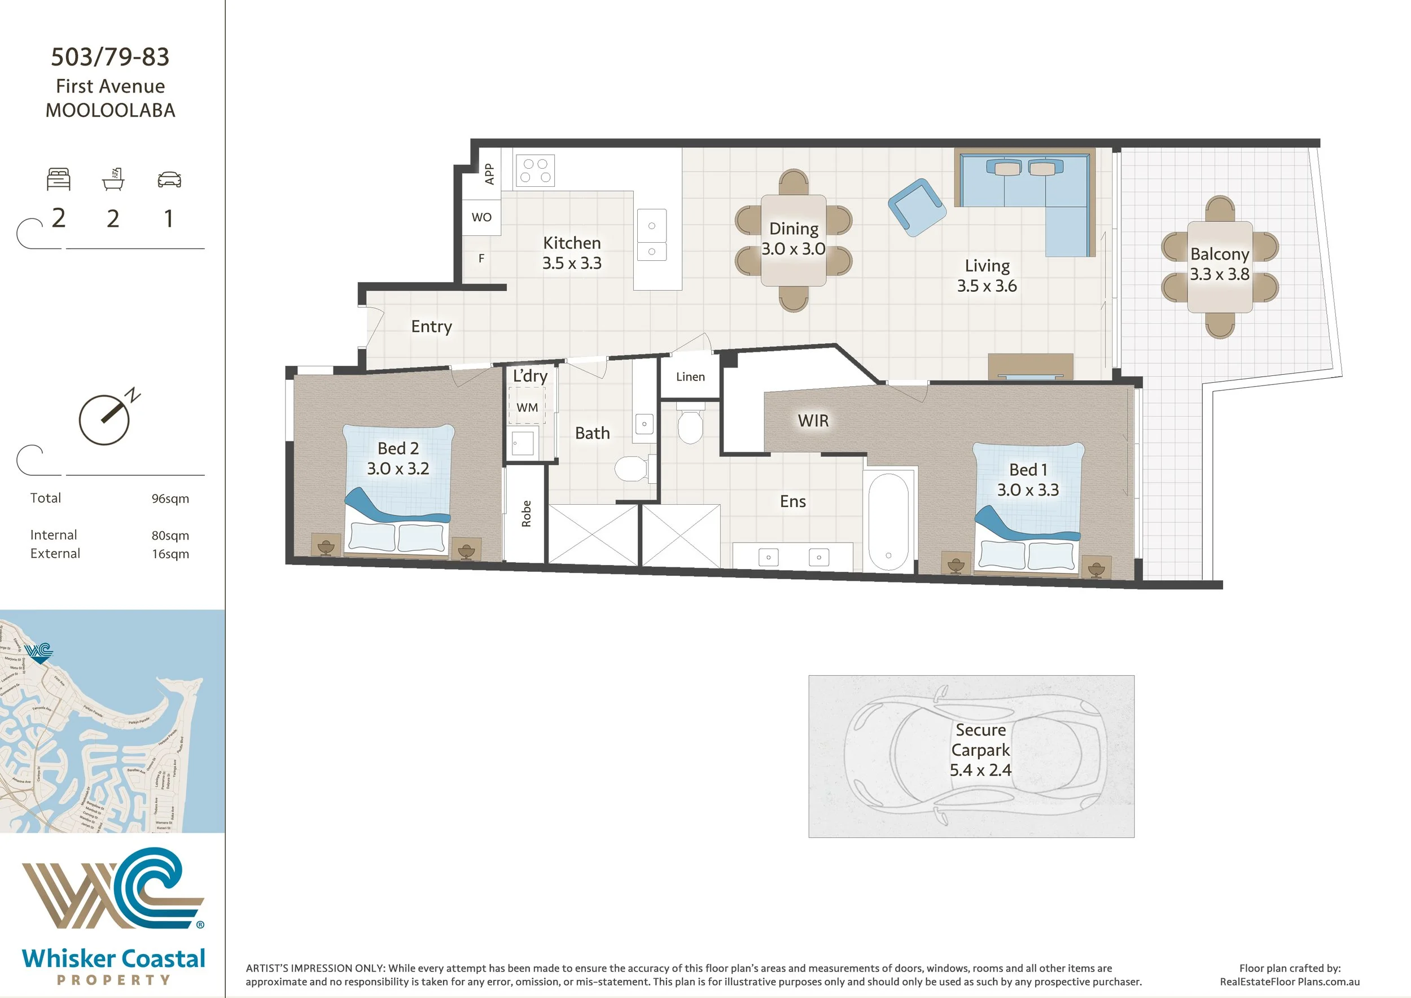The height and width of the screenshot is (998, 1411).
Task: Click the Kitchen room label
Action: coord(572,243)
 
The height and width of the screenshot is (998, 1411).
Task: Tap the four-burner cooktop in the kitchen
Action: coord(534,170)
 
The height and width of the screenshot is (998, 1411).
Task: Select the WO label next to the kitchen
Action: coord(481,217)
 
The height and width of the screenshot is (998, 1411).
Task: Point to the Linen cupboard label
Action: coord(690,377)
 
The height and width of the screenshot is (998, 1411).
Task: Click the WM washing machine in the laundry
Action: coord(527,408)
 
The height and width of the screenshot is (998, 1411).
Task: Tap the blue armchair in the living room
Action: coord(916,207)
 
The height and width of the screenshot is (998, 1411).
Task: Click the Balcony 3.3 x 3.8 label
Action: coord(1219,264)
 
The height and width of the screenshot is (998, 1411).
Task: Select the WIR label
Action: coord(813,421)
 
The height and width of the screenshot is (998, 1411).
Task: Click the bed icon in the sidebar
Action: coord(59,180)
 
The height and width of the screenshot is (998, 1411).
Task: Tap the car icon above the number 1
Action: coord(169,180)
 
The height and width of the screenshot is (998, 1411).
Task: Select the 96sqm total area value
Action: coord(170,498)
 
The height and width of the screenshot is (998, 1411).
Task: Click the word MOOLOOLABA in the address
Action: coord(111,111)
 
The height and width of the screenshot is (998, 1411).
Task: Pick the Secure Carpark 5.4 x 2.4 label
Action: coord(980,750)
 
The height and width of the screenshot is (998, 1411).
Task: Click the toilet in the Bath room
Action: coord(631,470)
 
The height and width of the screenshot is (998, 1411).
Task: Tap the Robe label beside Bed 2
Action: coord(526,514)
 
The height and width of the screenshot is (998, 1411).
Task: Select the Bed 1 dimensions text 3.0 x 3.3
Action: coord(1028,490)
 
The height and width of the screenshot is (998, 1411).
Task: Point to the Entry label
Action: coord(431,326)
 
